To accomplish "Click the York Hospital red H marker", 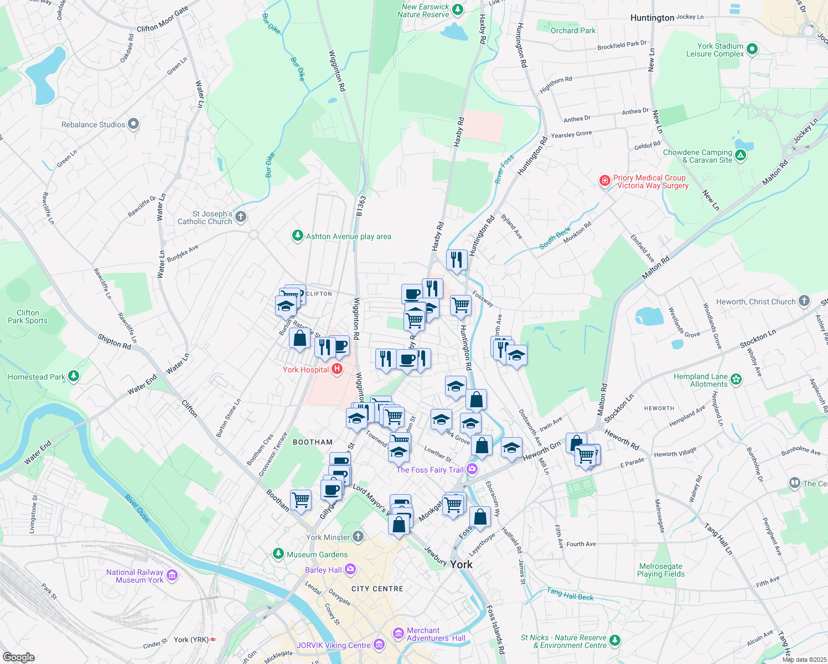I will pyautogui.click(x=337, y=370).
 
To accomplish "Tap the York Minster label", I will pyautogui.click(x=328, y=537).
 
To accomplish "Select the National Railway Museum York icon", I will pyautogui.click(x=172, y=576).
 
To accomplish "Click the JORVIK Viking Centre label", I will pyautogui.click(x=333, y=645).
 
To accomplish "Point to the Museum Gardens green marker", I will pyautogui.click(x=278, y=554).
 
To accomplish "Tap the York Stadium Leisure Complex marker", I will pyautogui.click(x=752, y=50).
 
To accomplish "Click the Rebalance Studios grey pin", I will pyautogui.click(x=133, y=124).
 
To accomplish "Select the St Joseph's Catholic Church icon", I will pyautogui.click(x=240, y=217).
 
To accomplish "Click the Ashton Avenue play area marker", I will pyautogui.click(x=298, y=236).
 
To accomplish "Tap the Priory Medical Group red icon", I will pyautogui.click(x=604, y=181).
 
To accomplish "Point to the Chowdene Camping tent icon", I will pyautogui.click(x=741, y=156).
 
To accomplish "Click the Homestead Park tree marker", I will pyautogui.click(x=73, y=377).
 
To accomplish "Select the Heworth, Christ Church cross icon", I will pyautogui.click(x=804, y=302).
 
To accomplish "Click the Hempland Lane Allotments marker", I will pyautogui.click(x=736, y=380).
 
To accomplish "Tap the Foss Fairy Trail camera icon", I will pyautogui.click(x=472, y=470).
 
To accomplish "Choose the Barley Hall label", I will pyautogui.click(x=323, y=570).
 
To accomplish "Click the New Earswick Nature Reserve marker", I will pyautogui.click(x=457, y=10).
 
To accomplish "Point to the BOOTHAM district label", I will pyautogui.click(x=313, y=442).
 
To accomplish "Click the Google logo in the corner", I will pyautogui.click(x=18, y=657).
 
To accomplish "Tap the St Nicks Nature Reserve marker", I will pyautogui.click(x=614, y=641).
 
